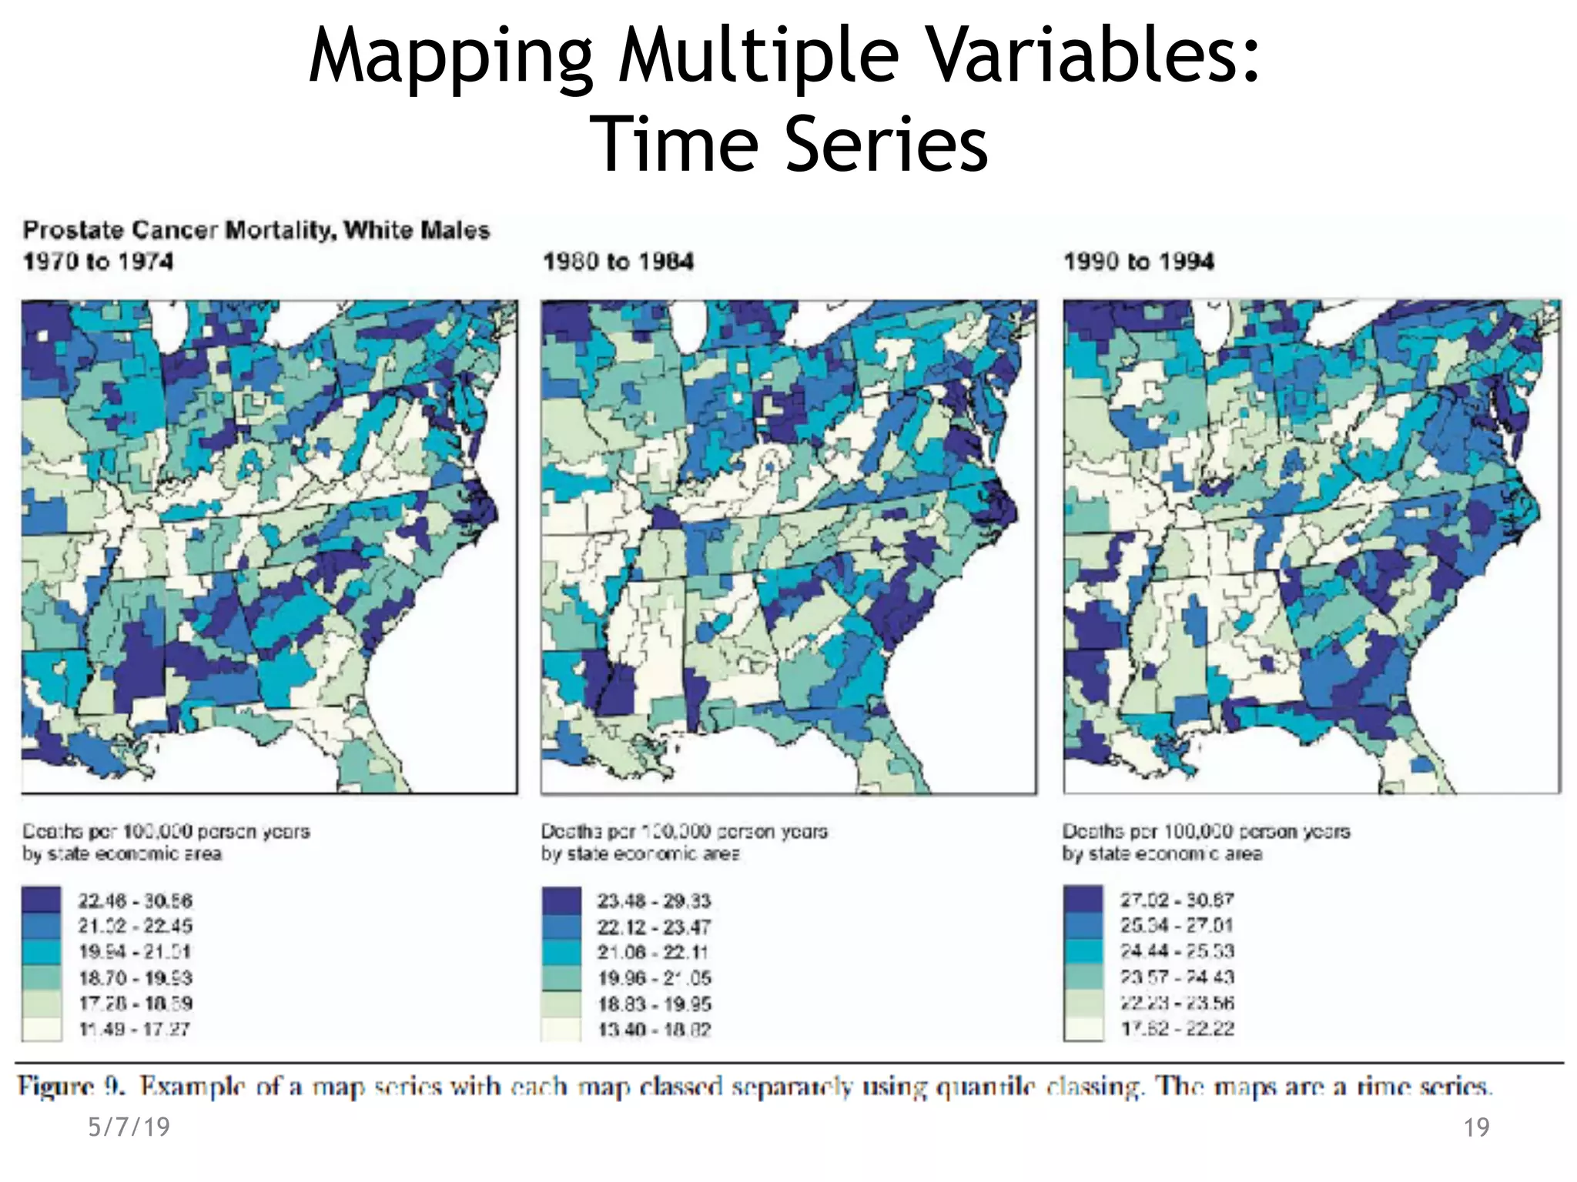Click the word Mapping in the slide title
[451, 58]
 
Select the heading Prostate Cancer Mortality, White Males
[256, 230]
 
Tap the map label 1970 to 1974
[98, 262]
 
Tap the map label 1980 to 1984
[618, 262]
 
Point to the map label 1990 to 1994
[1139, 262]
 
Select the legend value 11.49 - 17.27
[135, 1029]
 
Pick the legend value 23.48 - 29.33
[654, 900]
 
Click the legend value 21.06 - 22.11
[653, 952]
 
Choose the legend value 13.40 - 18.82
[655, 1030]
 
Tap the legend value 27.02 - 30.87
[1177, 900]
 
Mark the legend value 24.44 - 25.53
[1177, 951]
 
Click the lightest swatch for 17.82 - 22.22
[1083, 1029]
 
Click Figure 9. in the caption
[71, 1087]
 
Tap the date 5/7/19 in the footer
[129, 1127]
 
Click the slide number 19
[1476, 1128]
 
